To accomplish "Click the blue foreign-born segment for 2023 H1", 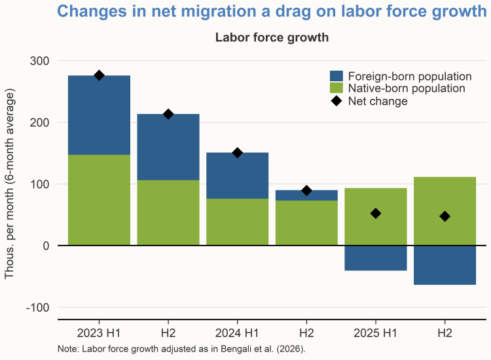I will click(x=99, y=115).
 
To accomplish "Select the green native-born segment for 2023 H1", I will click(x=99, y=200).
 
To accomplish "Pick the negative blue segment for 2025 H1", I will click(x=375, y=258).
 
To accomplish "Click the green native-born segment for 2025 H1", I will click(x=375, y=217).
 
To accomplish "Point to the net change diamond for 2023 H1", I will click(x=99, y=75).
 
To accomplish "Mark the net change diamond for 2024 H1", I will click(x=237, y=153).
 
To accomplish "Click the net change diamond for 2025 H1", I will click(x=375, y=213).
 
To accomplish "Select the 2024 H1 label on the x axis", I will click(x=237, y=333).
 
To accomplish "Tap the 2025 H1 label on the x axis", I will click(x=375, y=333).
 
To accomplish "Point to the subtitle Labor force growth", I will click(x=272, y=37).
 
